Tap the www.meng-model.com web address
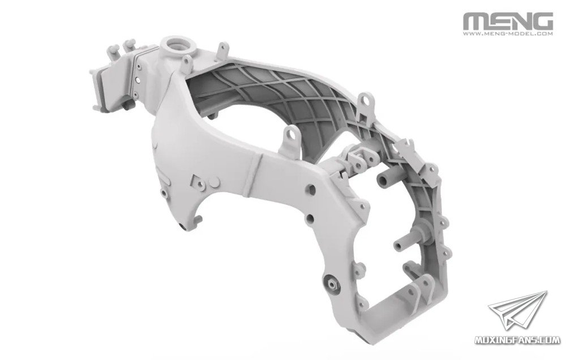508,35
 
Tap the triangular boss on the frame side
198,182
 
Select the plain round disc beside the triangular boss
215,182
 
